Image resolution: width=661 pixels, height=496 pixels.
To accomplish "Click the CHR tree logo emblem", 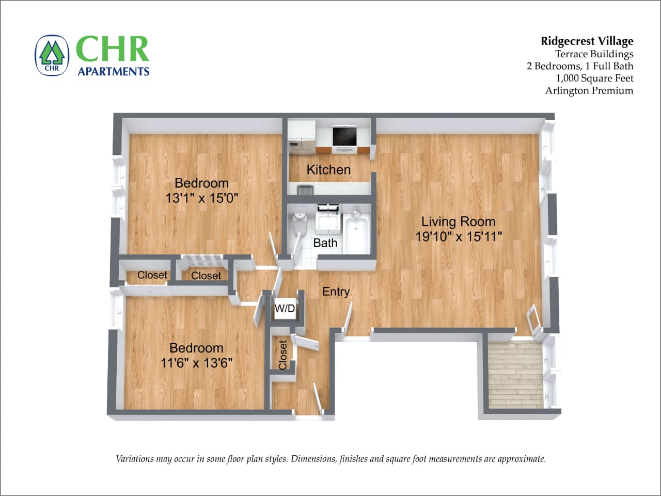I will pyautogui.click(x=52, y=55).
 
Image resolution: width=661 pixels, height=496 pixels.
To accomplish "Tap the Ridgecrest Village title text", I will pyautogui.click(x=587, y=41).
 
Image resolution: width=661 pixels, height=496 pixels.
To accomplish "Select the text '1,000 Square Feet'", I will pyautogui.click(x=594, y=78).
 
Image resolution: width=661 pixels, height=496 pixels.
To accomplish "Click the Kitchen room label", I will pyautogui.click(x=328, y=169).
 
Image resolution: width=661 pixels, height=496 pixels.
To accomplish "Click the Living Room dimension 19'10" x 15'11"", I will pyautogui.click(x=459, y=236).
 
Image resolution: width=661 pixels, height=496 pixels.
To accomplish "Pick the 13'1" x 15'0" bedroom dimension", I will pyautogui.click(x=201, y=198).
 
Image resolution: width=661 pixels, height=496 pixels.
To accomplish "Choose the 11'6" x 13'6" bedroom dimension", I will pyautogui.click(x=196, y=363).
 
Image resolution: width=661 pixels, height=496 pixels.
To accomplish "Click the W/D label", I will pyautogui.click(x=285, y=309).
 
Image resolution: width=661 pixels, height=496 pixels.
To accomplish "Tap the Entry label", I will pyautogui.click(x=336, y=292).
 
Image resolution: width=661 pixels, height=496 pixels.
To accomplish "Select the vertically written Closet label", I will pyautogui.click(x=282, y=355).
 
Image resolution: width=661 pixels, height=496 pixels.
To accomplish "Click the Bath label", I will pyautogui.click(x=325, y=243).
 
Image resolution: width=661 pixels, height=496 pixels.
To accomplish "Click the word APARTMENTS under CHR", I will pyautogui.click(x=114, y=71).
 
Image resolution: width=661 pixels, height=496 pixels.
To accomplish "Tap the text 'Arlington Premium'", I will pyautogui.click(x=589, y=91).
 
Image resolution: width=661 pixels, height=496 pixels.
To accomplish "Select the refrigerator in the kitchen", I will pyautogui.click(x=302, y=137).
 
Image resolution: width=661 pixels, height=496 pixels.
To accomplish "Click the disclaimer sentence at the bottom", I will pyautogui.click(x=330, y=459).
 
